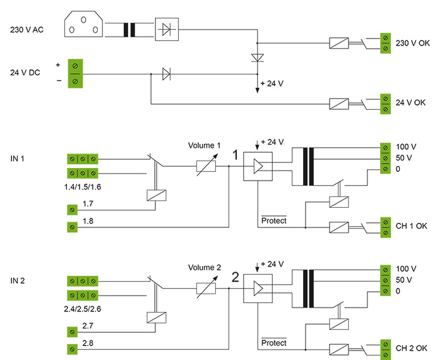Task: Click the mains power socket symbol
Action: pos(83,27)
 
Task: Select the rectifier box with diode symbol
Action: pos(166,29)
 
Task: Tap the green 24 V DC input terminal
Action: pos(76,73)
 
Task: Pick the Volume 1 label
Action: pos(205,146)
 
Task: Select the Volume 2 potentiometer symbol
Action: pos(206,288)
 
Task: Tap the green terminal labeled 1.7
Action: pos(73,208)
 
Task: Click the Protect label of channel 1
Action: pos(273,220)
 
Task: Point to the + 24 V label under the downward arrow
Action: pos(272,83)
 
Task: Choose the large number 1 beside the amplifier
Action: pos(235,155)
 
